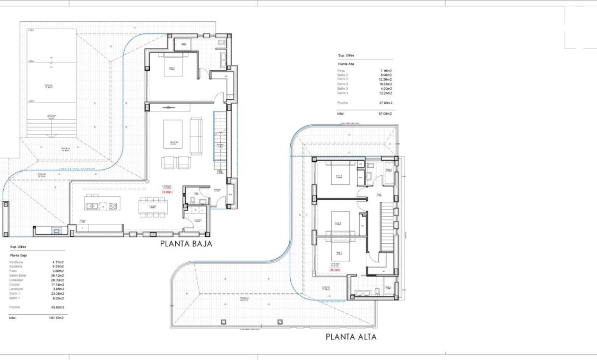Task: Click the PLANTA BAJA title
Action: (x=186, y=244)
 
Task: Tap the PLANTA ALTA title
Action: (x=351, y=337)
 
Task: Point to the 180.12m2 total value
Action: (x=57, y=318)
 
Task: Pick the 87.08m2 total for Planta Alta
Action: (x=385, y=114)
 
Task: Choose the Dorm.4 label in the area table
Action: (x=343, y=93)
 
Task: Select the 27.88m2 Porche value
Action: (x=385, y=102)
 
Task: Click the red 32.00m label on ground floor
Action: (x=167, y=192)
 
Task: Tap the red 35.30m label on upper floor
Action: (x=335, y=270)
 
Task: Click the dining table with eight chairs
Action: (x=152, y=207)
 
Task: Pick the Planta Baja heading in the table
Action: (x=19, y=255)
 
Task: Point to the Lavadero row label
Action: (x=16, y=289)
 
